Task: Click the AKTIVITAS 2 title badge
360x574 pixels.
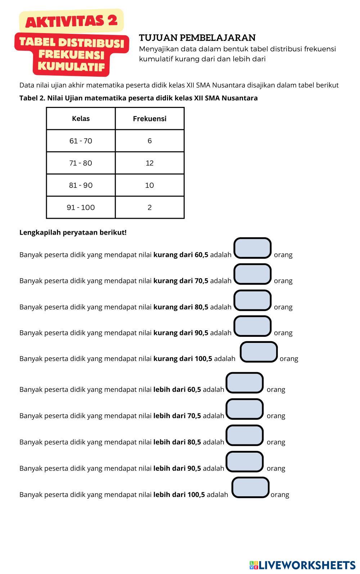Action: click(x=71, y=21)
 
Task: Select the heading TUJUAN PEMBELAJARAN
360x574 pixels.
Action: click(x=197, y=38)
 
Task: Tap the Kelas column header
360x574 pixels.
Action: click(x=81, y=119)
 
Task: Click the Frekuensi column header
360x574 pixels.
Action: click(x=149, y=119)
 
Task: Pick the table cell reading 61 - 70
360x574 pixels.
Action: click(x=81, y=141)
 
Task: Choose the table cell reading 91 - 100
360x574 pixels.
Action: click(x=81, y=208)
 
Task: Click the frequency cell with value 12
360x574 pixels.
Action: click(x=149, y=163)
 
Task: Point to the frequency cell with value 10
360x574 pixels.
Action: click(x=149, y=185)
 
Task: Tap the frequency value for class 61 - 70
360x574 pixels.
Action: click(x=149, y=141)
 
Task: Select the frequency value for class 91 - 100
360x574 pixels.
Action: click(x=149, y=208)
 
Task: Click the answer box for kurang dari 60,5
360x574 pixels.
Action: click(x=252, y=248)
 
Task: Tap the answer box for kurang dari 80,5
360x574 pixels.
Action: click(x=252, y=300)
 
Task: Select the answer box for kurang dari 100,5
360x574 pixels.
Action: click(x=258, y=352)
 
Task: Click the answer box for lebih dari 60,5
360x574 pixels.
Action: click(x=244, y=383)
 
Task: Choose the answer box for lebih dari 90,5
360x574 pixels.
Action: click(x=244, y=462)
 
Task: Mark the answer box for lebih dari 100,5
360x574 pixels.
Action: click(x=250, y=488)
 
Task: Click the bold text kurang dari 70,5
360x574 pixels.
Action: click(x=181, y=281)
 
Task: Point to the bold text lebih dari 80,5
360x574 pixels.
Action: click(x=177, y=442)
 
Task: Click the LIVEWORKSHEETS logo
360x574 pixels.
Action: click(x=302, y=565)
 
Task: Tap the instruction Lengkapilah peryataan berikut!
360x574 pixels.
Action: click(x=73, y=232)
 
